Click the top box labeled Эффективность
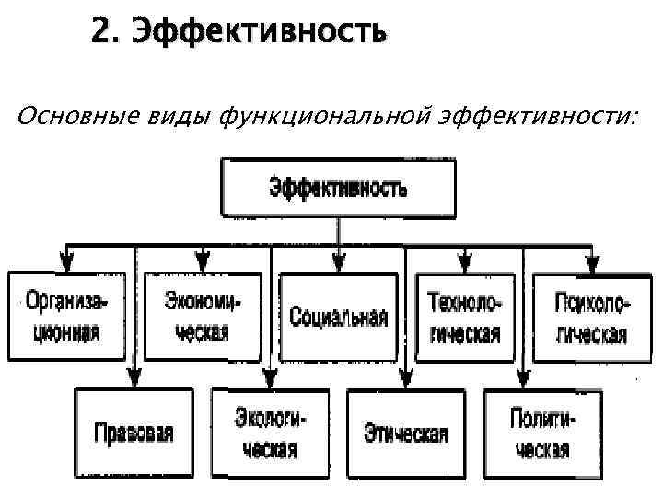click(x=337, y=188)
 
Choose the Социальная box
click(x=338, y=317)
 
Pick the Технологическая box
click(x=464, y=317)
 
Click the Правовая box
click(x=134, y=433)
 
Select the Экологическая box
click(x=270, y=433)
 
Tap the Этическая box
click(x=406, y=433)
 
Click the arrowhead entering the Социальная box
click(x=339, y=266)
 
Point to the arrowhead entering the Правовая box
click(x=134, y=379)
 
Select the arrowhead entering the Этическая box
click(x=406, y=379)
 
